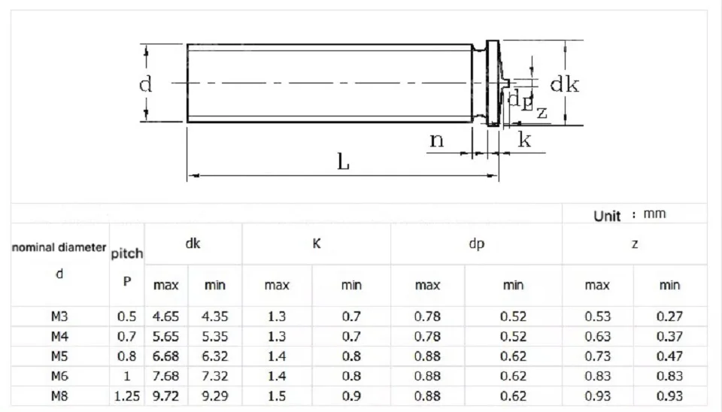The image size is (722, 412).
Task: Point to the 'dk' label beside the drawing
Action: (565, 84)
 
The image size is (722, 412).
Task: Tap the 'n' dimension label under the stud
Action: (436, 140)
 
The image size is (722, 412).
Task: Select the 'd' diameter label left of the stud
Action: (145, 84)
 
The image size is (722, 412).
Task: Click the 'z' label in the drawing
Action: (542, 112)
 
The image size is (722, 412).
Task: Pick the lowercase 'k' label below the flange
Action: (524, 139)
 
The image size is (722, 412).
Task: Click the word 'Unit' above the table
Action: (607, 216)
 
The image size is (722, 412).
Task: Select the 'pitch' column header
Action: (127, 253)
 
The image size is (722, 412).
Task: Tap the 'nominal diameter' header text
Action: (59, 247)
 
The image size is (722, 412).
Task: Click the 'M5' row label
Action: (59, 356)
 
